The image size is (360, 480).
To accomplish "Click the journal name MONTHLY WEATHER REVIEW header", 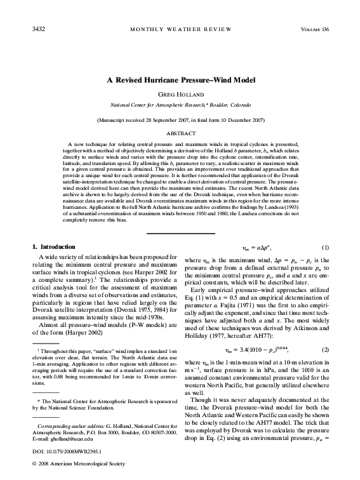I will [180, 29].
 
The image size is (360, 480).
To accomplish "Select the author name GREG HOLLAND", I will [180, 94].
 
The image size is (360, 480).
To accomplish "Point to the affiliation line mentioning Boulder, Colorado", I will [180, 104].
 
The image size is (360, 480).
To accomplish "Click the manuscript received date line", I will [180, 119].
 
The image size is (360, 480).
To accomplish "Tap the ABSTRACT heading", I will [180, 134].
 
